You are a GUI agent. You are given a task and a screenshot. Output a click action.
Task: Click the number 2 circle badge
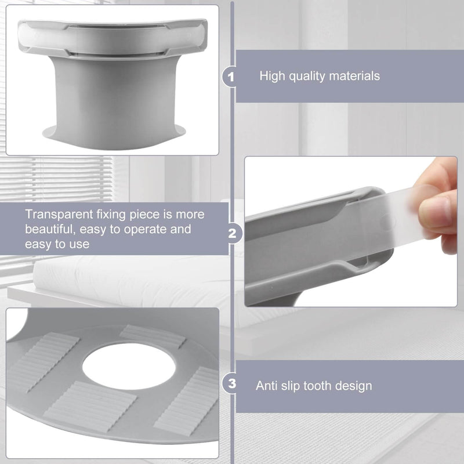232,234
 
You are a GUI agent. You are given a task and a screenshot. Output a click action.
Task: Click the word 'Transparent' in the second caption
59,214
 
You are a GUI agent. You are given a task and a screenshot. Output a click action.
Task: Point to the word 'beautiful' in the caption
49,229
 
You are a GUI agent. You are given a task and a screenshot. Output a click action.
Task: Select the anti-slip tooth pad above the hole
153,336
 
